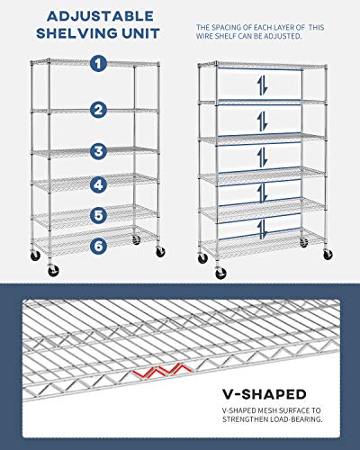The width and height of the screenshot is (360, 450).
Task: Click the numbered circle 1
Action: (98, 64)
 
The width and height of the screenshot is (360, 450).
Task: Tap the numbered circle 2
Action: (98, 109)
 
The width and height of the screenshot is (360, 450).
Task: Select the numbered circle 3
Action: (98, 150)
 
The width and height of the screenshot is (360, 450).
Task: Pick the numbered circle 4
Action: (98, 185)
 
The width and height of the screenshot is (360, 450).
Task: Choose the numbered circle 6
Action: (98, 243)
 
